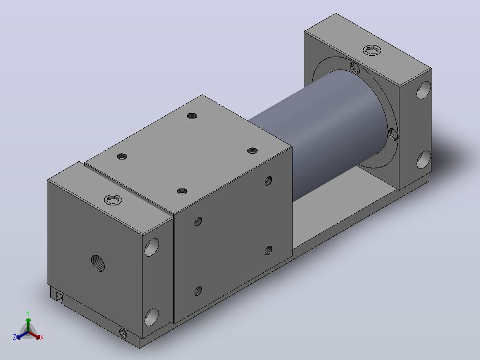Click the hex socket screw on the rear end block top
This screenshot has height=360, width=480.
372,50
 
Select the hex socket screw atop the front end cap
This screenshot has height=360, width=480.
113,200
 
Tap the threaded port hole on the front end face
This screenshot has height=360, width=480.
98,263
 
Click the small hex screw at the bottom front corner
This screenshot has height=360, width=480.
123,333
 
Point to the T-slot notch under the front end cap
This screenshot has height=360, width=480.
58,296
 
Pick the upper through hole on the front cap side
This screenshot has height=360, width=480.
151,247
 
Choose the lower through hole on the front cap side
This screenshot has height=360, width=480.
151,317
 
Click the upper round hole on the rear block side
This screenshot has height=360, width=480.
424,90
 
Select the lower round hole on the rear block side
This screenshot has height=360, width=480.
424,160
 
